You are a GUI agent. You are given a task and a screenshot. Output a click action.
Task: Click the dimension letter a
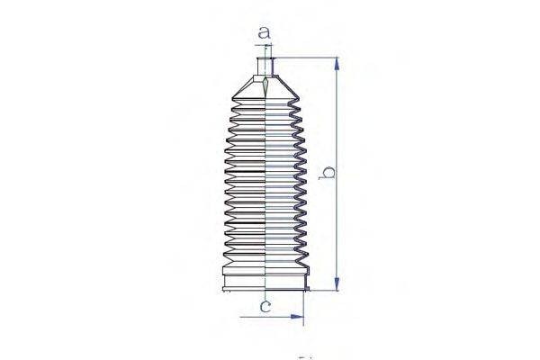264,33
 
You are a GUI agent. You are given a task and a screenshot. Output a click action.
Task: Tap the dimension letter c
265,307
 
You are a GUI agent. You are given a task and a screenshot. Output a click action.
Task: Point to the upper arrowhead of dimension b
337,63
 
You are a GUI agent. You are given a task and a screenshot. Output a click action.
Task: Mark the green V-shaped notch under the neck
266,87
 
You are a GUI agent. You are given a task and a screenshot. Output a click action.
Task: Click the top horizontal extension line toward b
306,58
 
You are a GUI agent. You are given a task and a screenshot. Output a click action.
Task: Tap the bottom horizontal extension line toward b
324,292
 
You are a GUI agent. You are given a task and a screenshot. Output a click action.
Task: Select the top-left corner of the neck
257,58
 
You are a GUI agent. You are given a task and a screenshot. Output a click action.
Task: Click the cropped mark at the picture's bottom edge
303,357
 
